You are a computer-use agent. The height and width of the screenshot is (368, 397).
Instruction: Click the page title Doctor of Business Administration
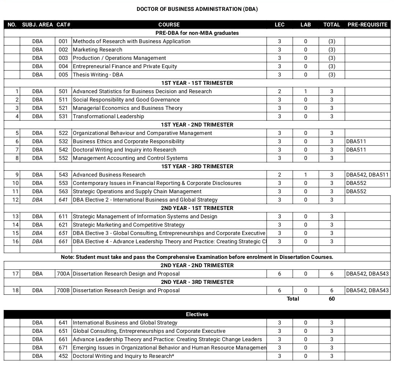point(197,9)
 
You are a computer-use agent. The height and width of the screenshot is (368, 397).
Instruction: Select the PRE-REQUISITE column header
point(367,25)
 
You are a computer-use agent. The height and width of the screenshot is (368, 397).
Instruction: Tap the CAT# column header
point(63,25)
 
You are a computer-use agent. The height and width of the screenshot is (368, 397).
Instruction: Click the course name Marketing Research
point(98,50)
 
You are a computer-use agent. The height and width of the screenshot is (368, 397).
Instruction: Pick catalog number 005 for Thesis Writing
point(63,75)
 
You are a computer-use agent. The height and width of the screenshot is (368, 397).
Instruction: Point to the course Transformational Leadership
point(108,116)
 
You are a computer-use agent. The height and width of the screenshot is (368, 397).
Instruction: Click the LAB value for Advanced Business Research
point(305,175)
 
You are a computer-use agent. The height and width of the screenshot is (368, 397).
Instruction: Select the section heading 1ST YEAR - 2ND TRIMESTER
point(197,125)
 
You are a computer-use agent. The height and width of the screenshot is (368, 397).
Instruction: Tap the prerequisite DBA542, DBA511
point(367,175)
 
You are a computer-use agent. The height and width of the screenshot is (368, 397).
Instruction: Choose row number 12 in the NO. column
point(15,200)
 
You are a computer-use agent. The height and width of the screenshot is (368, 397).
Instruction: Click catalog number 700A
point(63,274)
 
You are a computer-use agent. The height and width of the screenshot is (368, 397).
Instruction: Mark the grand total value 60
point(331,299)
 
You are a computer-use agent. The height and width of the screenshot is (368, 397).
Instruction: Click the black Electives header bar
point(197,314)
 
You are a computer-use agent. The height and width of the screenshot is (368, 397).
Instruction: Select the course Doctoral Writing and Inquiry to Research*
point(123,356)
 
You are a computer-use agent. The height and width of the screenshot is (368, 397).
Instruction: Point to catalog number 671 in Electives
point(63,348)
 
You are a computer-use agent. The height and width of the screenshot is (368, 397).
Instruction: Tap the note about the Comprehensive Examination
point(197,257)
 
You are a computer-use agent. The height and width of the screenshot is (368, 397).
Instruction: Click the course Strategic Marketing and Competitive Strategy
point(129,225)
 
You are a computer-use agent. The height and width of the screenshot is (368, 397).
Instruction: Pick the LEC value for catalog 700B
point(279,290)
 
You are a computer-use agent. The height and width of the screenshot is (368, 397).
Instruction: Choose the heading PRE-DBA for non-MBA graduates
point(197,33)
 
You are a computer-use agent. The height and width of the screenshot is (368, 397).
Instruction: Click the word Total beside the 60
point(293,299)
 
